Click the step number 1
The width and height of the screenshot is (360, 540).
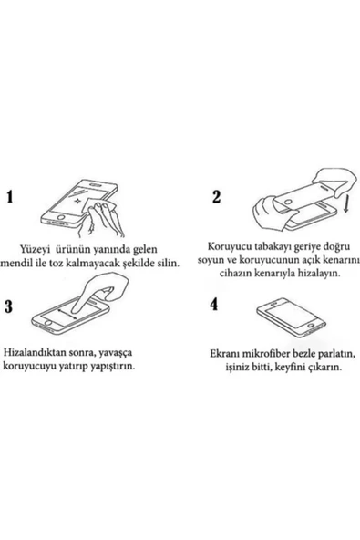[x=12, y=196]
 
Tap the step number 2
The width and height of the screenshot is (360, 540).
[x=216, y=196]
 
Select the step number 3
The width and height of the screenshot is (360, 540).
[x=12, y=306]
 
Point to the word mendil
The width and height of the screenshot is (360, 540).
[x=36, y=263]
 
